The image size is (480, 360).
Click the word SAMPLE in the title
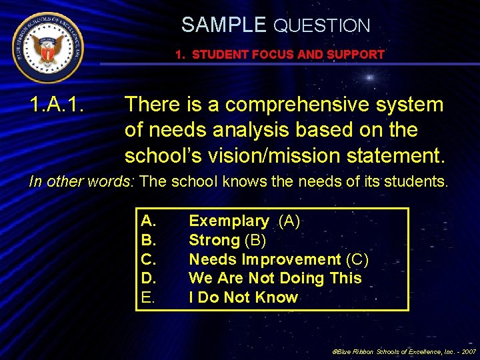[x=223, y=25]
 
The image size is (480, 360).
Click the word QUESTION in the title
[x=322, y=26]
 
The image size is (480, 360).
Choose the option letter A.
[x=149, y=221]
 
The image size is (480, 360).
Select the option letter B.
[x=149, y=240]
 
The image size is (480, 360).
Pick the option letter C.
[x=149, y=259]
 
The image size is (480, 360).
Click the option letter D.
[x=149, y=278]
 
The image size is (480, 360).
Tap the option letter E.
[x=148, y=297]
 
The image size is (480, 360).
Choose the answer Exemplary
[x=229, y=221]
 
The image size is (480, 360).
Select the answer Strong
[x=214, y=240]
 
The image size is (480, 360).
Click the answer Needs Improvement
[x=265, y=259]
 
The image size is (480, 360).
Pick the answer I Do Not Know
[x=243, y=297]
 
